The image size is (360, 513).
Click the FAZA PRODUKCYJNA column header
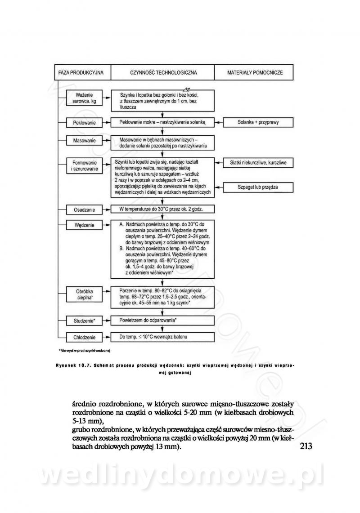click(x=81, y=72)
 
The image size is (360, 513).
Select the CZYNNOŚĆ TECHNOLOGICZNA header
click(x=163, y=72)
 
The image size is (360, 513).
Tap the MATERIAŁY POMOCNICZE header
click(x=255, y=72)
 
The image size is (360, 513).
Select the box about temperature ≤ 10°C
click(x=162, y=337)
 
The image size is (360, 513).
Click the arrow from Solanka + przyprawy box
click(x=219, y=122)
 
